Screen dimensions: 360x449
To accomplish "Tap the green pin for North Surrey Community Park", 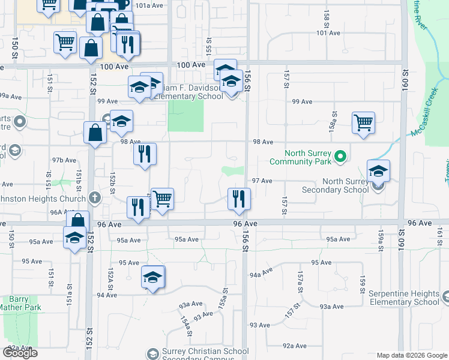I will (x=340, y=157).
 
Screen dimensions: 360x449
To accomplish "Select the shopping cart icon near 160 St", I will (x=364, y=122).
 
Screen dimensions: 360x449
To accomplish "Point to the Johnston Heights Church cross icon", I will (x=94, y=197).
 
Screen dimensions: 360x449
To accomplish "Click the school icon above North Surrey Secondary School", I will (x=378, y=170).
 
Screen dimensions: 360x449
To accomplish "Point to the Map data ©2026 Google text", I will (x=411, y=356).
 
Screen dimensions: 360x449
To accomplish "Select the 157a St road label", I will (x=300, y=279).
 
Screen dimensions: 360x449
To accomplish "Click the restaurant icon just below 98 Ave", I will (x=145, y=154).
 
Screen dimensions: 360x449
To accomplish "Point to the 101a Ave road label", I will (x=149, y=5).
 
